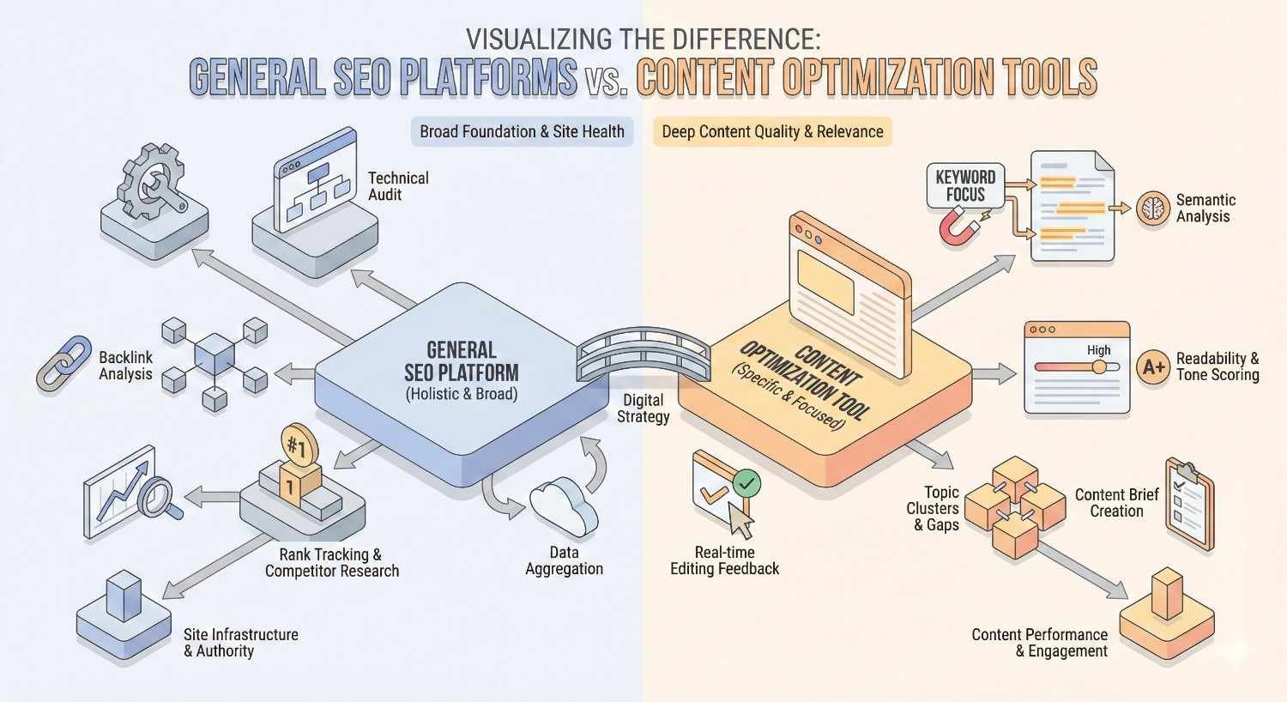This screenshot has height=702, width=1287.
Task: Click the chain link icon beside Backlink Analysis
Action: click(x=63, y=364)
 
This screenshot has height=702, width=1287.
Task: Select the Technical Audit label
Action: click(x=397, y=186)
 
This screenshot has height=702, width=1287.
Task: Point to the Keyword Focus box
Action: click(x=965, y=185)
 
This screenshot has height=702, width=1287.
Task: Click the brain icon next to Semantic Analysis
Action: click(x=1152, y=209)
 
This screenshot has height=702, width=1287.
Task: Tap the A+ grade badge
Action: click(x=1153, y=367)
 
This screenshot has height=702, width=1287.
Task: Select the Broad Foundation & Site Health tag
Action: click(x=522, y=131)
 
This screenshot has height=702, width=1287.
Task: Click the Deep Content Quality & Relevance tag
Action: click(x=772, y=131)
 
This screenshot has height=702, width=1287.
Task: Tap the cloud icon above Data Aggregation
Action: click(x=563, y=509)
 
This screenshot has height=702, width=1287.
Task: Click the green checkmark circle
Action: click(x=746, y=484)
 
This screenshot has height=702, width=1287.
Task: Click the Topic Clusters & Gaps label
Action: click(x=934, y=508)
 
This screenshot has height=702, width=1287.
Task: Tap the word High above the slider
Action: click(x=1098, y=350)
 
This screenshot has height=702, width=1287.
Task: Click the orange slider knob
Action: click(x=1099, y=366)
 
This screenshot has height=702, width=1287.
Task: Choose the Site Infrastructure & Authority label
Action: click(x=240, y=643)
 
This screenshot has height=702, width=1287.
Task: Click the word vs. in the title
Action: click(x=607, y=80)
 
